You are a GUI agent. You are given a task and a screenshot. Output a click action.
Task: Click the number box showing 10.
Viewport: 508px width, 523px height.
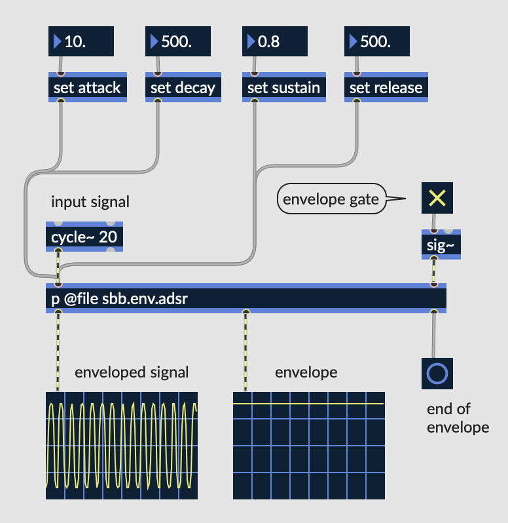[81, 41]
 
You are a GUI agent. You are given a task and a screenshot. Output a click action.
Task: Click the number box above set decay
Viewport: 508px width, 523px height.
[178, 41]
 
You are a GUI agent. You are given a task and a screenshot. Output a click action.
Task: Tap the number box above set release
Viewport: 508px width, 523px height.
[377, 41]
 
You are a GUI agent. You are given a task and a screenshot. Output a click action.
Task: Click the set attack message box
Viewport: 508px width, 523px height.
[86, 87]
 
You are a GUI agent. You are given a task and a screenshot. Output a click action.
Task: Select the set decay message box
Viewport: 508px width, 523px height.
[183, 87]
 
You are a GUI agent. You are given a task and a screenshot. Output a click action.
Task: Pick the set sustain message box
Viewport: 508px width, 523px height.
[283, 87]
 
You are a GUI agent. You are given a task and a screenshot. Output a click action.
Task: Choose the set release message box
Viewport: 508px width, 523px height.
[386, 87]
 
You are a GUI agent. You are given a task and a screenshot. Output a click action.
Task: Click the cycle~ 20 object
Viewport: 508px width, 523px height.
[84, 237]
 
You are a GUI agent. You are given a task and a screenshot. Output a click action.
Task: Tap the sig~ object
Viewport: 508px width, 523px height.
[441, 245]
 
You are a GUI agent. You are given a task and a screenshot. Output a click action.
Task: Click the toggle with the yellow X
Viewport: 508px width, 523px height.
[437, 199]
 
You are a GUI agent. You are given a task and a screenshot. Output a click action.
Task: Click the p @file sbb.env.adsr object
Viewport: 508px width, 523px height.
[245, 299]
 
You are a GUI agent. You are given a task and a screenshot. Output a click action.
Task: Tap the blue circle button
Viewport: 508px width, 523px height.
[437, 374]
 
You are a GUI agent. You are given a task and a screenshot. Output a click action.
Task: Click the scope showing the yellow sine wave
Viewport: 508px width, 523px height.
[122, 446]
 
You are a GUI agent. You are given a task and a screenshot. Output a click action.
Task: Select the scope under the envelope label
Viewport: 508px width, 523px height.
[309, 446]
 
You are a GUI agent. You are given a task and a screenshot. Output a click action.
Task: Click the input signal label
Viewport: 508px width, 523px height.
[90, 202]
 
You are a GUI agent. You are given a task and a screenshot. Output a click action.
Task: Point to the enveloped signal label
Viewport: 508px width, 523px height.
[132, 372]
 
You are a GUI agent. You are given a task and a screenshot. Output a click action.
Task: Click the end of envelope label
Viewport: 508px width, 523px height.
[458, 418]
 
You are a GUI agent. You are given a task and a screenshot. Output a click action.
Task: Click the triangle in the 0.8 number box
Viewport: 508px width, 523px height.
[251, 41]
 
